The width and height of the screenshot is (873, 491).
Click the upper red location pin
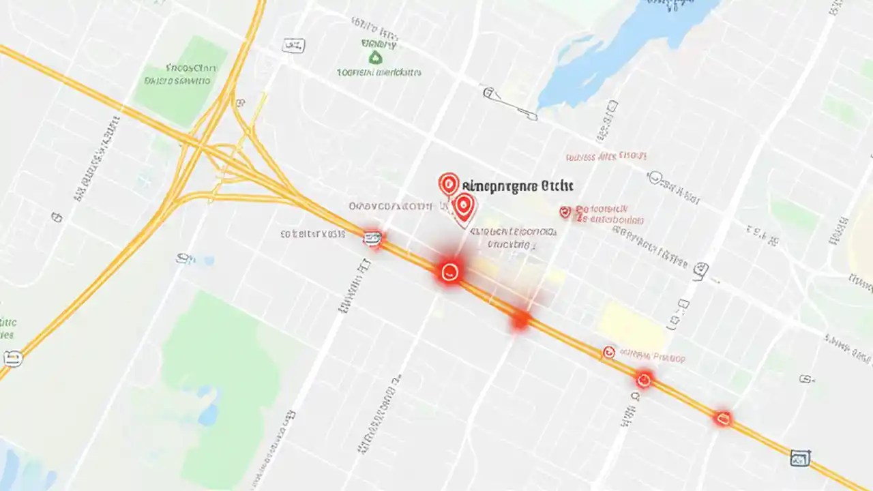pyautogui.click(x=447, y=183)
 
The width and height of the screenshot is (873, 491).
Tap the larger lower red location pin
pyautogui.click(x=464, y=206)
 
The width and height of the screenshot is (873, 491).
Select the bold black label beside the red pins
pyautogui.click(x=518, y=185)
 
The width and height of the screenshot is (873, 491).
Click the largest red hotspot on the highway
pyautogui.click(x=448, y=272)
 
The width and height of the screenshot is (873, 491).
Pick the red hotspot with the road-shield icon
pyautogui.click(x=372, y=238)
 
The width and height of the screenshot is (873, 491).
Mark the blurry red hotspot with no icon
pyautogui.click(x=520, y=319)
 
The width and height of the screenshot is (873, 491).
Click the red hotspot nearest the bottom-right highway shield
pyautogui.click(x=722, y=418)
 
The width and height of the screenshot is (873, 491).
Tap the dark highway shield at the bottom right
pyautogui.click(x=799, y=458)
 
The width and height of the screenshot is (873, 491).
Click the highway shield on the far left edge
pyautogui.click(x=12, y=358)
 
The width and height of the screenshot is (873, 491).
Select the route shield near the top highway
pyautogui.click(x=293, y=46)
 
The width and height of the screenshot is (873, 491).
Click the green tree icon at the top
pyautogui.click(x=374, y=59)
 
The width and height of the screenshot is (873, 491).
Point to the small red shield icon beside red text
pyautogui.click(x=565, y=212)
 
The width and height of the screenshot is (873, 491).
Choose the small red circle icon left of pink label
pyautogui.click(x=608, y=352)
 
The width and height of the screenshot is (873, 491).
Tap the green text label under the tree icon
pyautogui.click(x=379, y=72)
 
